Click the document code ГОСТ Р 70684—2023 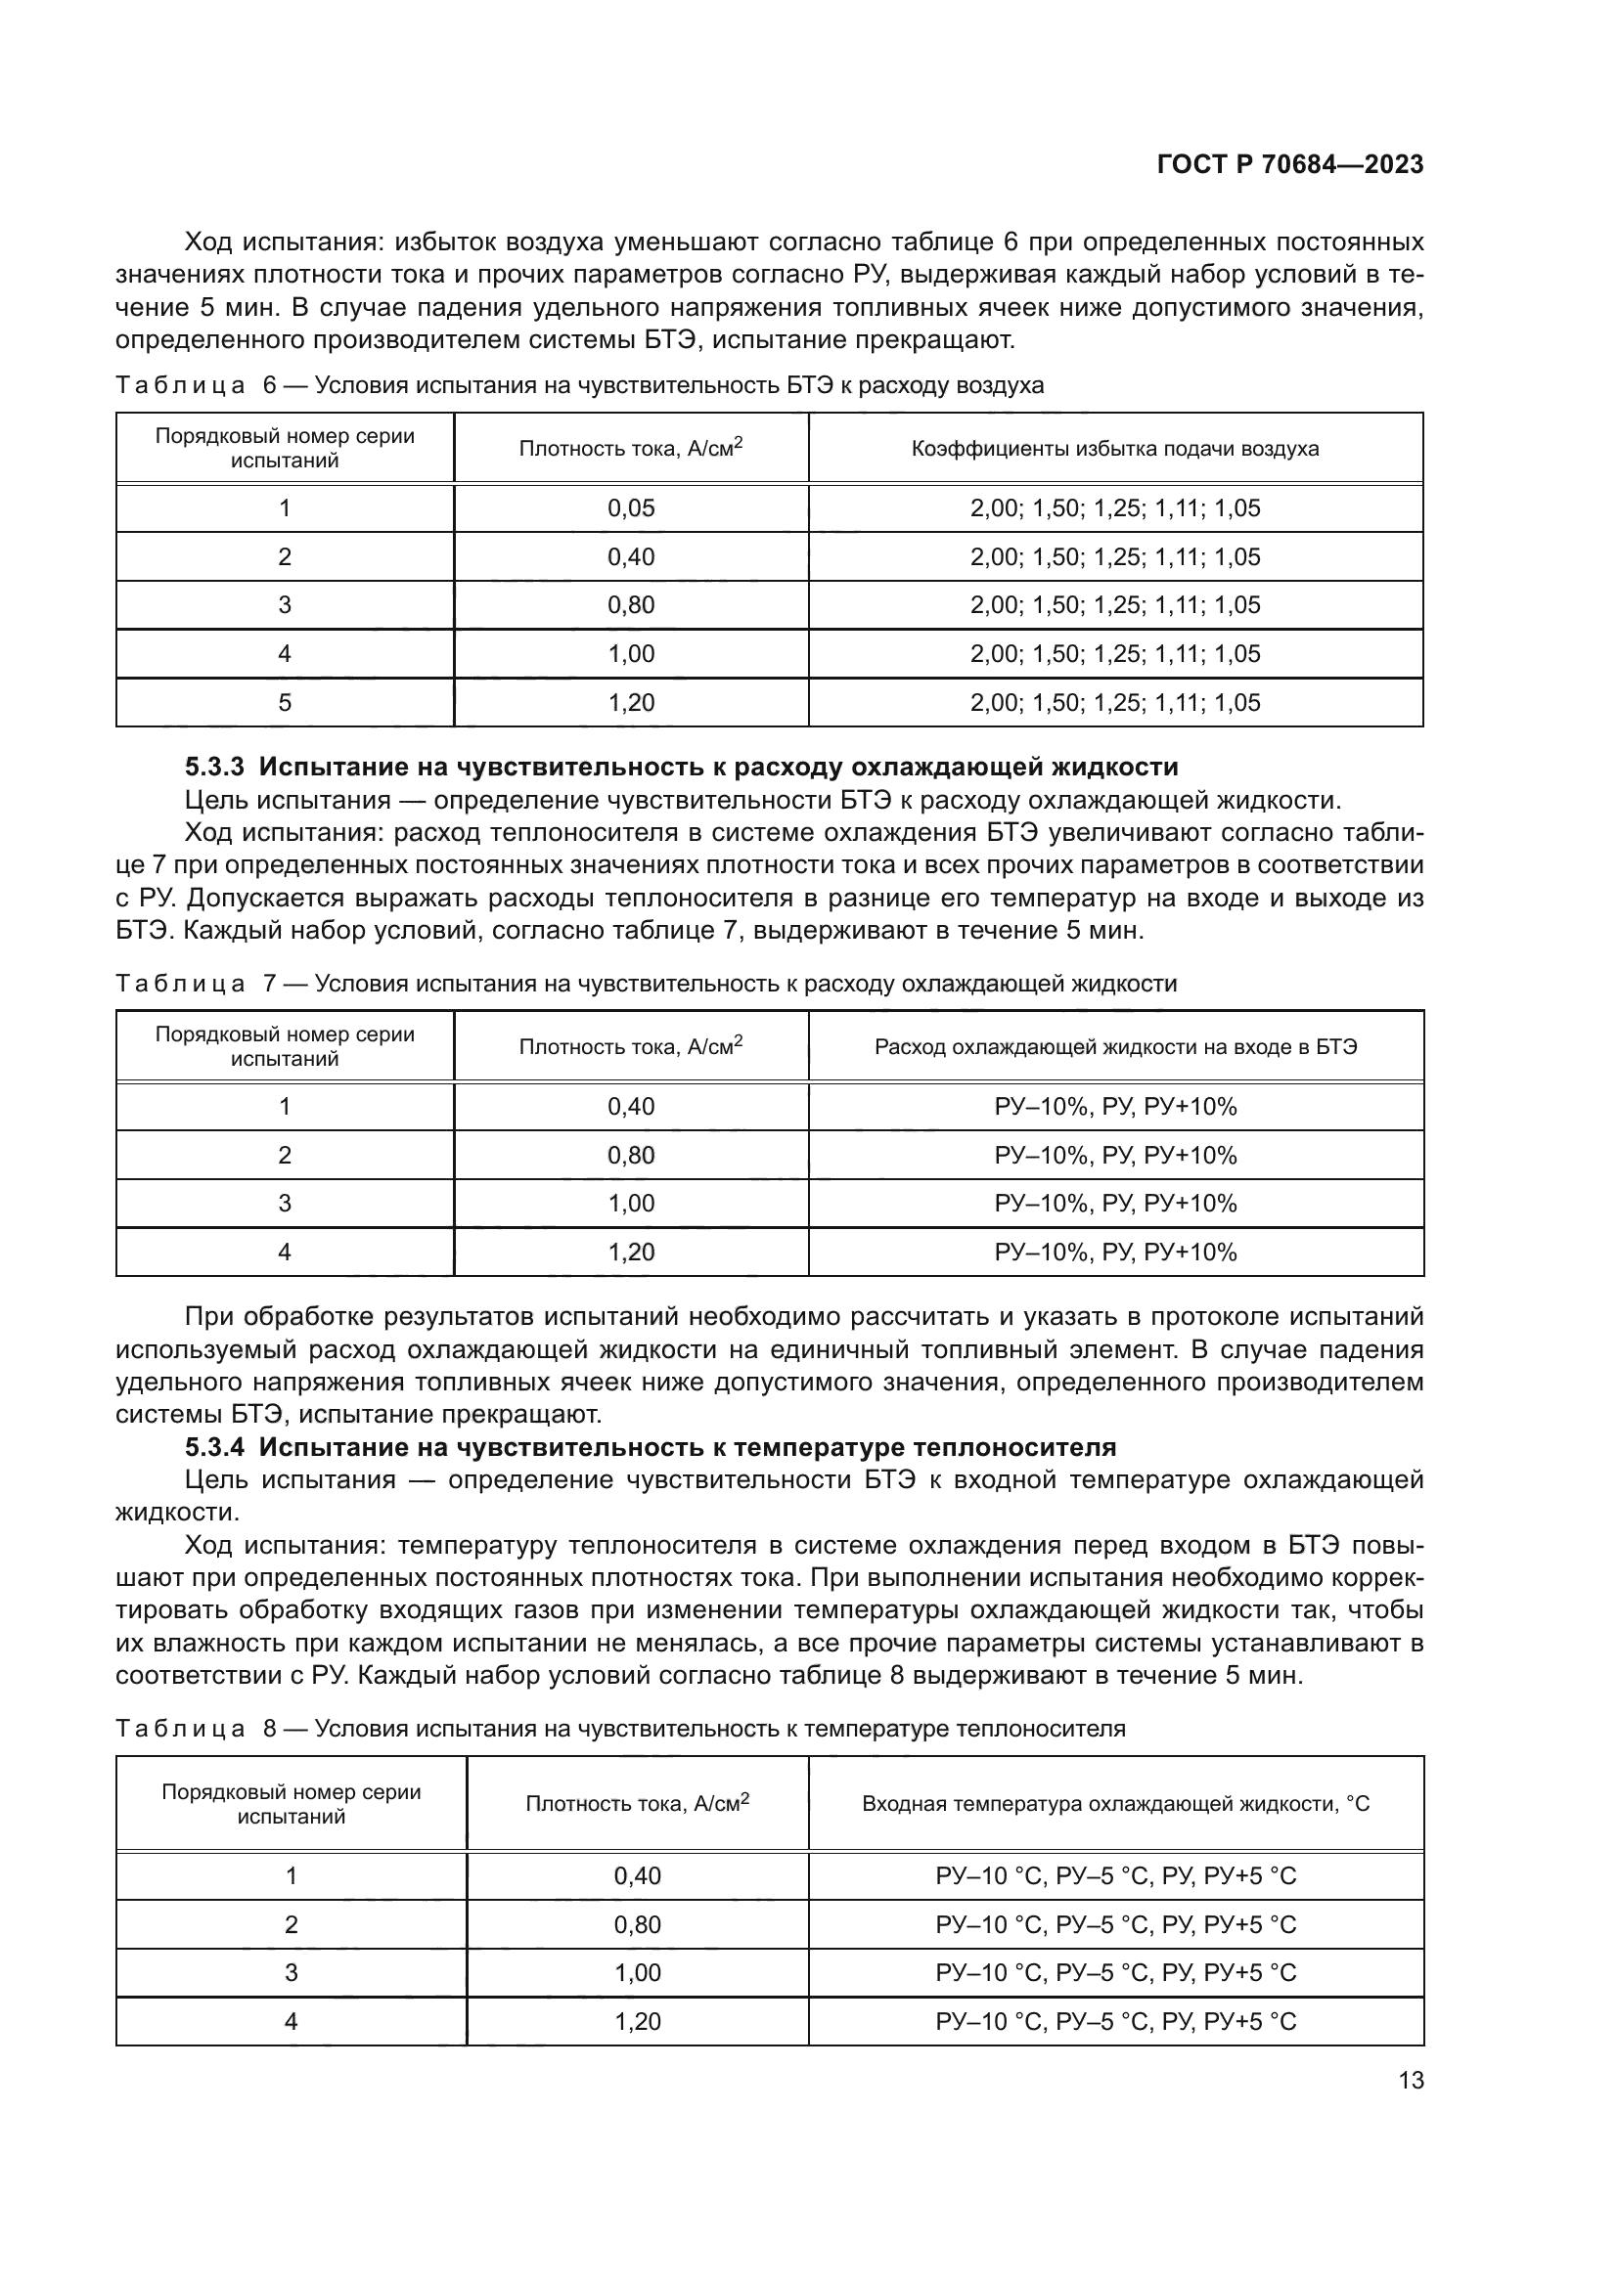1289,165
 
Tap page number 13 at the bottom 1411,2081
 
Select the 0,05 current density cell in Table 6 631,509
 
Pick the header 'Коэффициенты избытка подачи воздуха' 1115,449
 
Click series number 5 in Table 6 285,703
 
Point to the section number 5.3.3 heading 217,767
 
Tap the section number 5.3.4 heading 217,1447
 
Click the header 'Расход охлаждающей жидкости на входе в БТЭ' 1115,1047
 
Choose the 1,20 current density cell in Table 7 631,1253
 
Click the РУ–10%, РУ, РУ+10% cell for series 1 1115,1107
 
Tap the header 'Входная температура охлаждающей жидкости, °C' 1115,1804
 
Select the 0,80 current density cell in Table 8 638,1924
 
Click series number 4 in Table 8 291,2021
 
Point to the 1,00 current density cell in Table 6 631,654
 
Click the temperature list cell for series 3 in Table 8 1115,1973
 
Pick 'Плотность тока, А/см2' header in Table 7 631,1047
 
